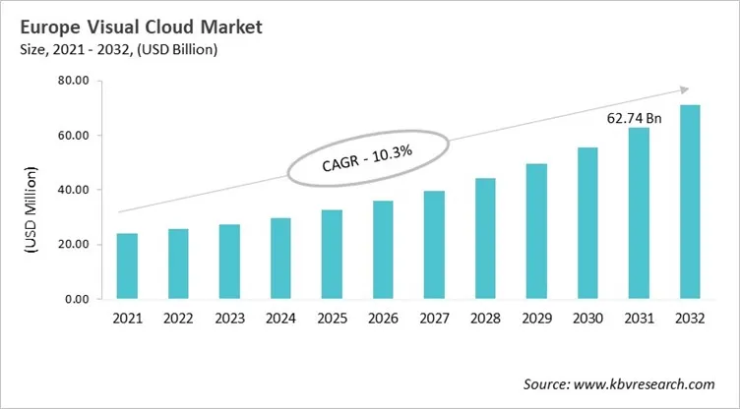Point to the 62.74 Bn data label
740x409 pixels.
pyautogui.click(x=634, y=117)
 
